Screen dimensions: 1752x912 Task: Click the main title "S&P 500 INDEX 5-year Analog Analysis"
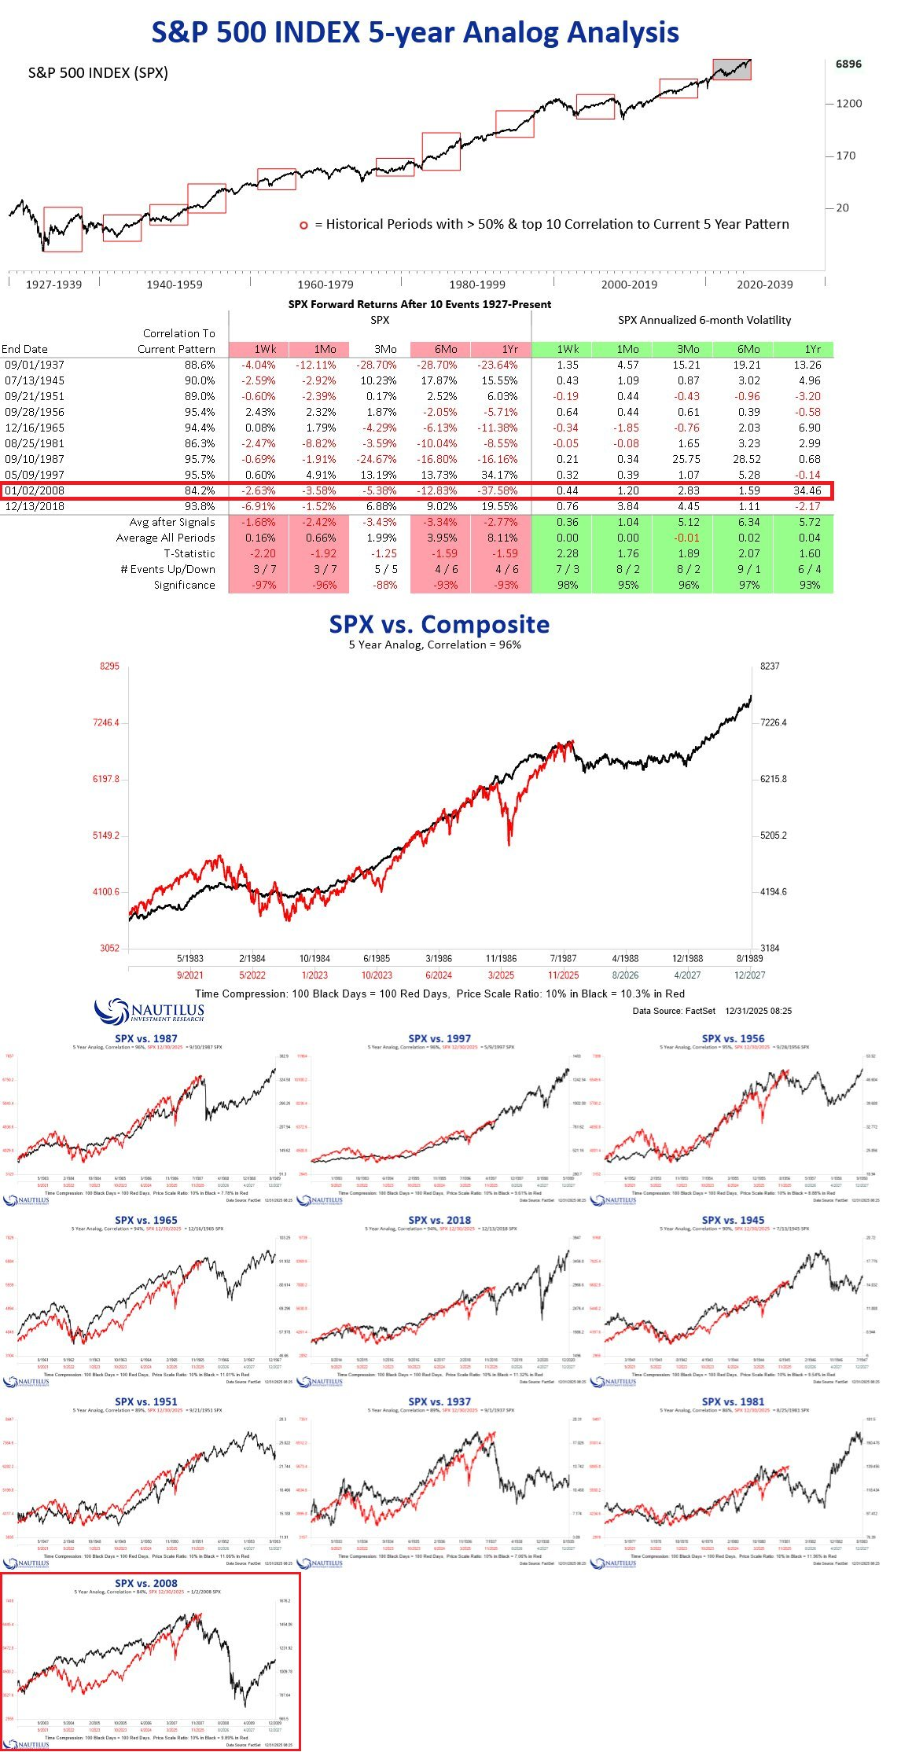tap(415, 32)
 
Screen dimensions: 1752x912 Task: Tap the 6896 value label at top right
tap(848, 64)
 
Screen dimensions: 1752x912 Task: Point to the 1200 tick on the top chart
tap(848, 103)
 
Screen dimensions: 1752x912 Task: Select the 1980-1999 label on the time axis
tap(476, 285)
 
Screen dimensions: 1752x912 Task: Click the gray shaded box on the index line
tap(731, 69)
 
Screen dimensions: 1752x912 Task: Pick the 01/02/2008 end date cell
tap(35, 490)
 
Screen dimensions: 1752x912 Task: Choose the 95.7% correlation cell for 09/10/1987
tap(199, 459)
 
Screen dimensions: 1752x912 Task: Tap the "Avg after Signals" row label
tap(172, 522)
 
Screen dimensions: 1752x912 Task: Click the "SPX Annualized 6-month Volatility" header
tap(704, 320)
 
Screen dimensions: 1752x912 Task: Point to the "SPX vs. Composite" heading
tap(439, 624)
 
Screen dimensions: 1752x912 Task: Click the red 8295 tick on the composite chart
tap(108, 666)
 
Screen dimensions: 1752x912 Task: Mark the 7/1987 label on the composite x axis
tap(563, 958)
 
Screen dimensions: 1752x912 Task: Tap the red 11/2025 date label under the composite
tap(563, 975)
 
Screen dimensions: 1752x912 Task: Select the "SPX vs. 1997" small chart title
tap(439, 1038)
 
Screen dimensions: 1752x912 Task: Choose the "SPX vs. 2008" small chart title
tap(146, 1583)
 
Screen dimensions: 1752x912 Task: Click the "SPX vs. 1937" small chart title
tap(439, 1401)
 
